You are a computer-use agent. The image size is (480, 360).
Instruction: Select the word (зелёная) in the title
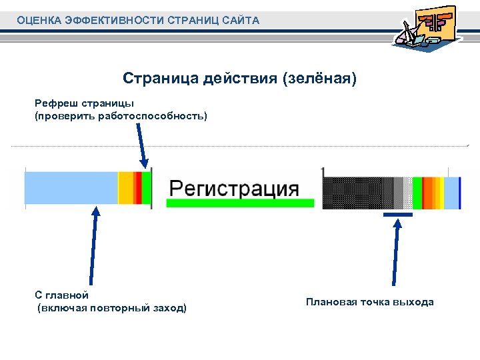[x=320, y=79]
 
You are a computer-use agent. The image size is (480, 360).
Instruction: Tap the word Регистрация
[x=233, y=187]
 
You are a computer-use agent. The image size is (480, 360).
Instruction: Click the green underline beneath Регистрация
[x=240, y=203]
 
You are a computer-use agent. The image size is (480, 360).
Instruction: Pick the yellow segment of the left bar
[x=125, y=190]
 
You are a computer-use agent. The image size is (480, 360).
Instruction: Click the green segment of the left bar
[x=146, y=190]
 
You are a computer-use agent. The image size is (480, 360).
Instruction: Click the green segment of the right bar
[x=418, y=193]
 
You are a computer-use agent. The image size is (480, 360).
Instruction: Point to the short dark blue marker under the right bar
[x=398, y=215]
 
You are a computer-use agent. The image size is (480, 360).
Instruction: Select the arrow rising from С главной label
[x=94, y=247]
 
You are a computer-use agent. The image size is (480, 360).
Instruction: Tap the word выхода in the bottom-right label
[x=415, y=302]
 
